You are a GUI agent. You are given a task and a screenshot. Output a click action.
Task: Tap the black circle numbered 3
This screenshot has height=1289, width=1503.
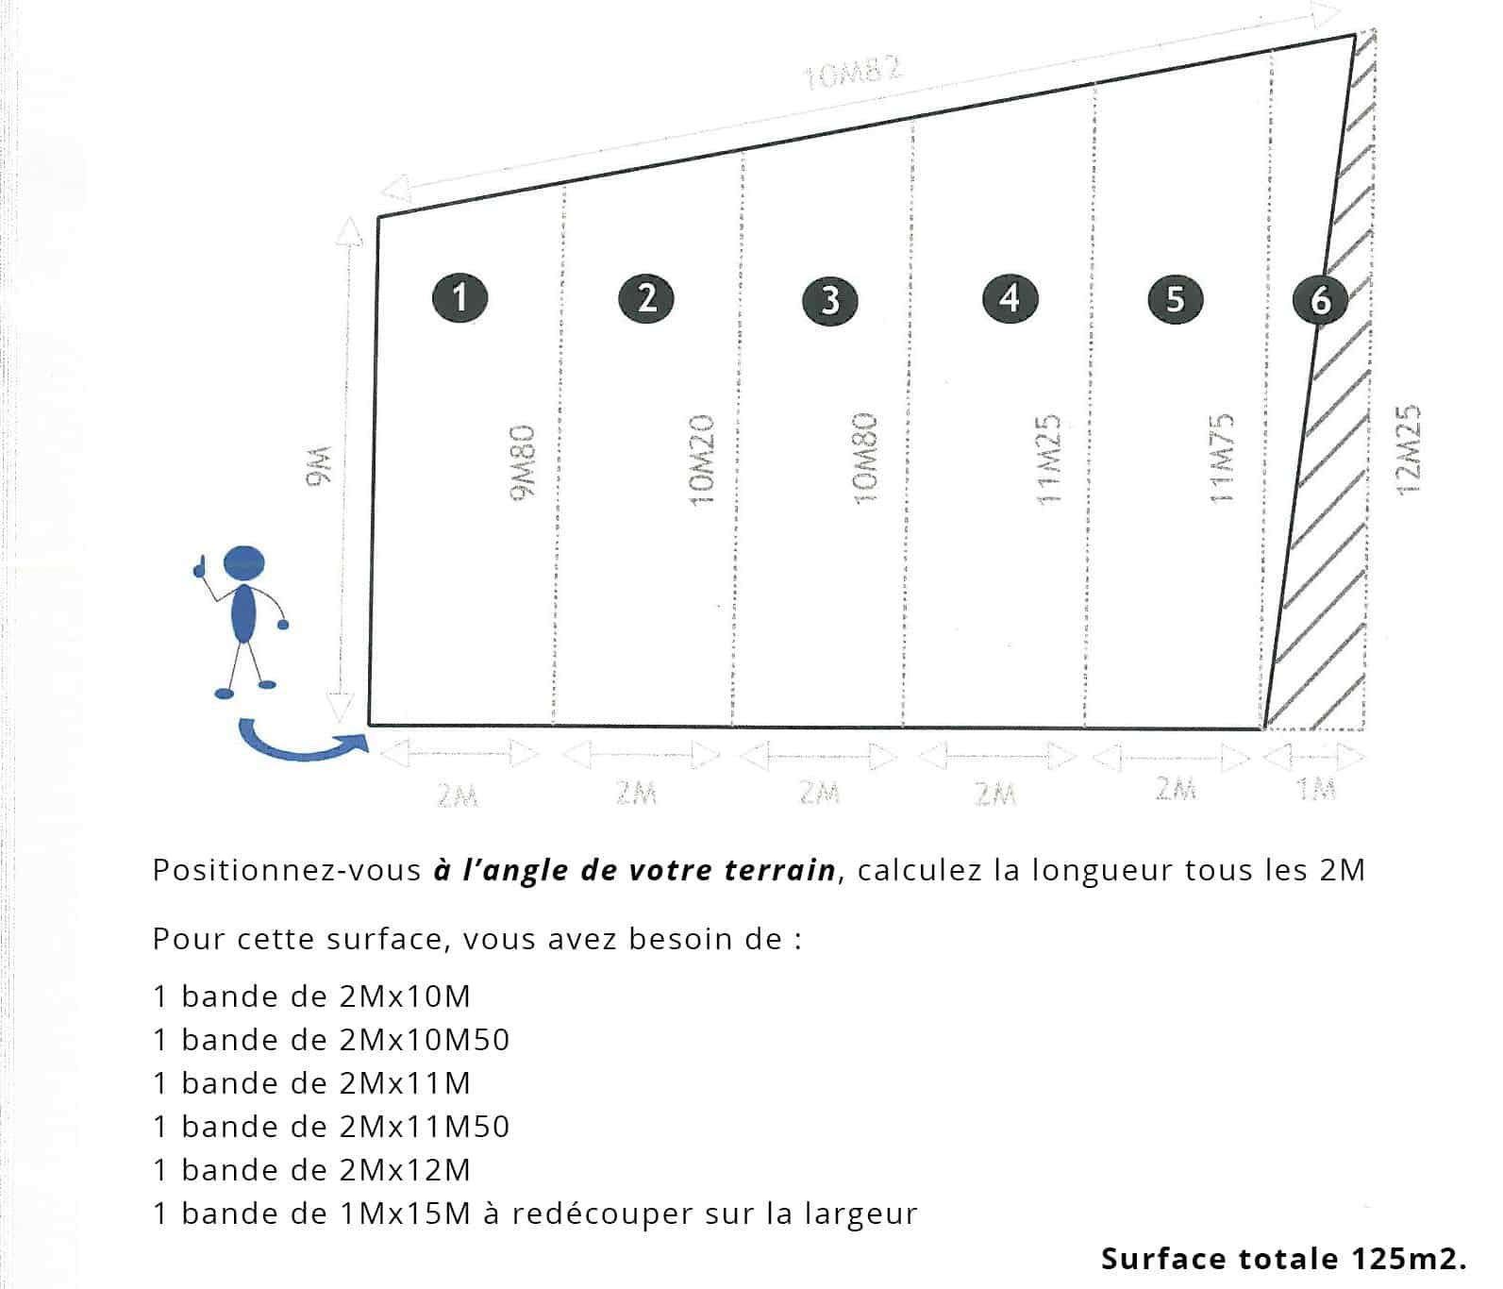coord(829,300)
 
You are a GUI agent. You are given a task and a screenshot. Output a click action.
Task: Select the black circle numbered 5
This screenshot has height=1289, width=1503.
coord(1175,299)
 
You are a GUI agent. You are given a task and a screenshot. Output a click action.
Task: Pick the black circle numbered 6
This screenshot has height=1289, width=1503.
coord(1320,300)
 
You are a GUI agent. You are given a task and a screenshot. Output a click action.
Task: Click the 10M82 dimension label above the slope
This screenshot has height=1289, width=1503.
coord(852,73)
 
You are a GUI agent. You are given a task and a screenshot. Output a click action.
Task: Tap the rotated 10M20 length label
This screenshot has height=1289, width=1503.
coord(701,460)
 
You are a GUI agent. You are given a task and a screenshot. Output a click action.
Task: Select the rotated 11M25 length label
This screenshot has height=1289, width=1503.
coord(1049,460)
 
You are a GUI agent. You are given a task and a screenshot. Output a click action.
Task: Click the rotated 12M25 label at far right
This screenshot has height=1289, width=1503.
coord(1407,451)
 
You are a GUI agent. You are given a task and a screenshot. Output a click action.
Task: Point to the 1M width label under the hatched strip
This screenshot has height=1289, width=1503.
coord(1316,788)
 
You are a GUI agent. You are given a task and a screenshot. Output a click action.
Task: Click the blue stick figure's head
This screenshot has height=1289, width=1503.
coord(243,563)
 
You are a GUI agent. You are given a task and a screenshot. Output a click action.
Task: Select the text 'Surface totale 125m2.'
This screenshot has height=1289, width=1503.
coord(1283,1259)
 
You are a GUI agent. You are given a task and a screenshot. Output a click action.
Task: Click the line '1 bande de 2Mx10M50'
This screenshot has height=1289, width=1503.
coord(331,1040)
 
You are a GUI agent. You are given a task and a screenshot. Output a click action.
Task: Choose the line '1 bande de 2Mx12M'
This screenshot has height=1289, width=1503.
coord(311,1170)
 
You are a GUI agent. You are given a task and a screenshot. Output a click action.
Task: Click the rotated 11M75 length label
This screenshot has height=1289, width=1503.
coord(1222,458)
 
